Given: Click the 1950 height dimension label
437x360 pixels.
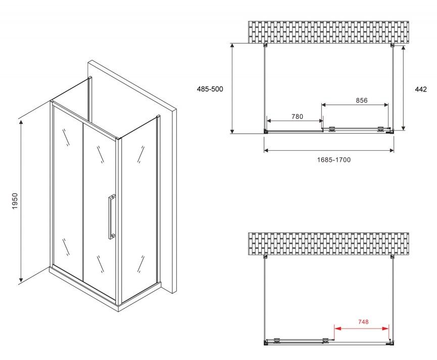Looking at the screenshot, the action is (x=15, y=201).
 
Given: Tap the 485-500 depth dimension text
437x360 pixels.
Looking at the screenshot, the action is (x=210, y=89).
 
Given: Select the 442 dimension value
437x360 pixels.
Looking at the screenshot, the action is (x=421, y=89).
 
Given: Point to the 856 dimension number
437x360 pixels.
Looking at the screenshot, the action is (x=362, y=100).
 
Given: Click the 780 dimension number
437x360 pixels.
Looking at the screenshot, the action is (x=297, y=116).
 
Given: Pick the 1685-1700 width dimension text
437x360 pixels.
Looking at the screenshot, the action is (x=333, y=160).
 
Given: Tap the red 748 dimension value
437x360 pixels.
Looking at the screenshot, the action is (x=363, y=322).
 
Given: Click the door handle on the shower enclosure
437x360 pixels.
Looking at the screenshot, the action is (x=112, y=217).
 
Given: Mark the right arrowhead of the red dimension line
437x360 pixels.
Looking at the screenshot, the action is (x=385, y=329).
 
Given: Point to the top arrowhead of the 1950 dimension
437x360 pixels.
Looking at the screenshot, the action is (x=21, y=122).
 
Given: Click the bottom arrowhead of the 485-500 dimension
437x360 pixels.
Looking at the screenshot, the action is (x=232, y=130).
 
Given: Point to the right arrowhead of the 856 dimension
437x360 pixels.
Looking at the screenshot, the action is (x=385, y=105).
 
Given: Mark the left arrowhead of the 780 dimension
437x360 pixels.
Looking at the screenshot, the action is (x=270, y=121).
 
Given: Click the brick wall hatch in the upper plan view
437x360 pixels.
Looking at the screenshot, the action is (x=328, y=32).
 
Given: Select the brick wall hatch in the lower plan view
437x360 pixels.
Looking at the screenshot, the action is (x=328, y=244).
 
